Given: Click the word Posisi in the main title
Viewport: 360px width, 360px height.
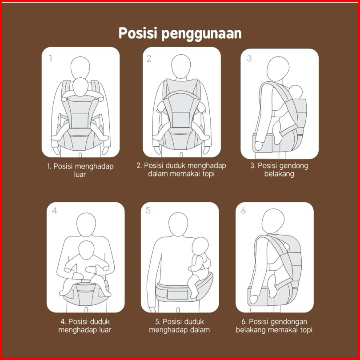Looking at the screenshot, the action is click(138, 33).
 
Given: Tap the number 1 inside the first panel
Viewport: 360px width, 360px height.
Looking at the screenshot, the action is click(51, 58).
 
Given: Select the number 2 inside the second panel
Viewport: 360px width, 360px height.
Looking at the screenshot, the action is click(149, 58).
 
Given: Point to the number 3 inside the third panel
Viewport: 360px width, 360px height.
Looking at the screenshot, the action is click(249, 58).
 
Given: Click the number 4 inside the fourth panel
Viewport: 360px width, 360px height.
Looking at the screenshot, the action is click(54, 210).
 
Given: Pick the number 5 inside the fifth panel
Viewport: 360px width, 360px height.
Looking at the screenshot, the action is click(148, 210).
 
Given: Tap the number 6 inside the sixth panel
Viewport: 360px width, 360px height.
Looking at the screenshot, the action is click(244, 210).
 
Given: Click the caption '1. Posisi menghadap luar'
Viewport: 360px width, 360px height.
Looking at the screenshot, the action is click(80, 170).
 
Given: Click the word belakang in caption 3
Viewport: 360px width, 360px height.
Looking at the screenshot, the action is click(279, 174).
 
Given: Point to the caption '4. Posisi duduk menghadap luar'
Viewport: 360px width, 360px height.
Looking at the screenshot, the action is click(85, 326).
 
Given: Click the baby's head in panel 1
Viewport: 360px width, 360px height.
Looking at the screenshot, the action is click(80, 87).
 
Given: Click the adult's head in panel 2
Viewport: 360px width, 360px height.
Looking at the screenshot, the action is click(181, 66).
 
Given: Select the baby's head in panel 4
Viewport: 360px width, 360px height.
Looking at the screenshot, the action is click(86, 250).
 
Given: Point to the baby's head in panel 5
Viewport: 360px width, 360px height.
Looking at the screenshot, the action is click(200, 246).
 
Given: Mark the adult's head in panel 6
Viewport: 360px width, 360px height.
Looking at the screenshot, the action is click(273, 220).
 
